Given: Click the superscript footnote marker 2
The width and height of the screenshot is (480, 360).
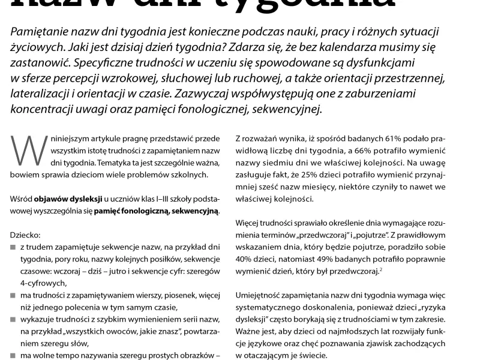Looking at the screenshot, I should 380,269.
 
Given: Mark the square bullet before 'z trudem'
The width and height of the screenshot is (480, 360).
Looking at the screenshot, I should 13,247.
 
